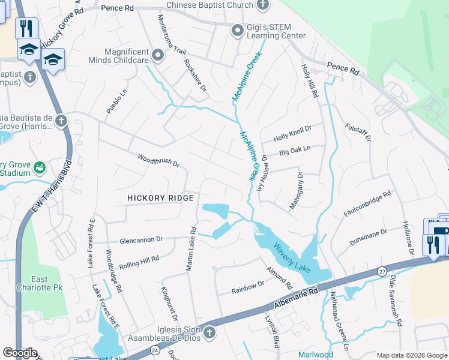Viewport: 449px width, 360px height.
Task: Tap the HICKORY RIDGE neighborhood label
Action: point(161,198)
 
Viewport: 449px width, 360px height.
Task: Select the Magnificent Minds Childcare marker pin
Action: point(158,56)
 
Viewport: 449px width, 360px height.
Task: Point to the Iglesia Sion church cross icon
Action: point(209,332)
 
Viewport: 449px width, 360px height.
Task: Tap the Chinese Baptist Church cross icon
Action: point(263,5)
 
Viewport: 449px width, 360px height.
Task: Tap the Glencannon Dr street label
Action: point(141,239)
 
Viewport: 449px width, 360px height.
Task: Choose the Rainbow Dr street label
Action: point(249,287)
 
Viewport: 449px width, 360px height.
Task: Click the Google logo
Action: point(20,352)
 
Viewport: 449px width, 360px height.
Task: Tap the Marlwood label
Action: point(316,355)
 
